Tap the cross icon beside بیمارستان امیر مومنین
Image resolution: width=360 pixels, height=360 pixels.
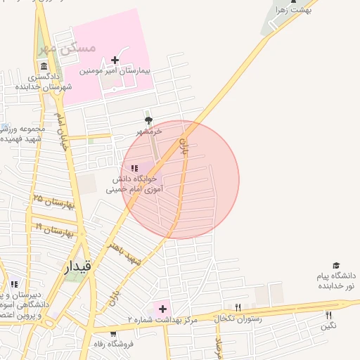(115, 60)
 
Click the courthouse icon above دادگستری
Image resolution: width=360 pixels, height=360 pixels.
(44, 65)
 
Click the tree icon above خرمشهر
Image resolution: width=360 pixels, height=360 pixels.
(148, 120)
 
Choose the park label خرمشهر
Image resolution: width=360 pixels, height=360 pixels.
(149, 131)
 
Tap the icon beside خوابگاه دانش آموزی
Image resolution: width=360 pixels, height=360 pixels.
(134, 167)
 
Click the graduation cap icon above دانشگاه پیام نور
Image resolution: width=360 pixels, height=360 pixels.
(336, 265)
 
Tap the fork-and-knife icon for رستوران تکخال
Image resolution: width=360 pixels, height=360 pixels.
(238, 307)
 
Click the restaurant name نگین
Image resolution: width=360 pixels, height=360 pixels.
(328, 326)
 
